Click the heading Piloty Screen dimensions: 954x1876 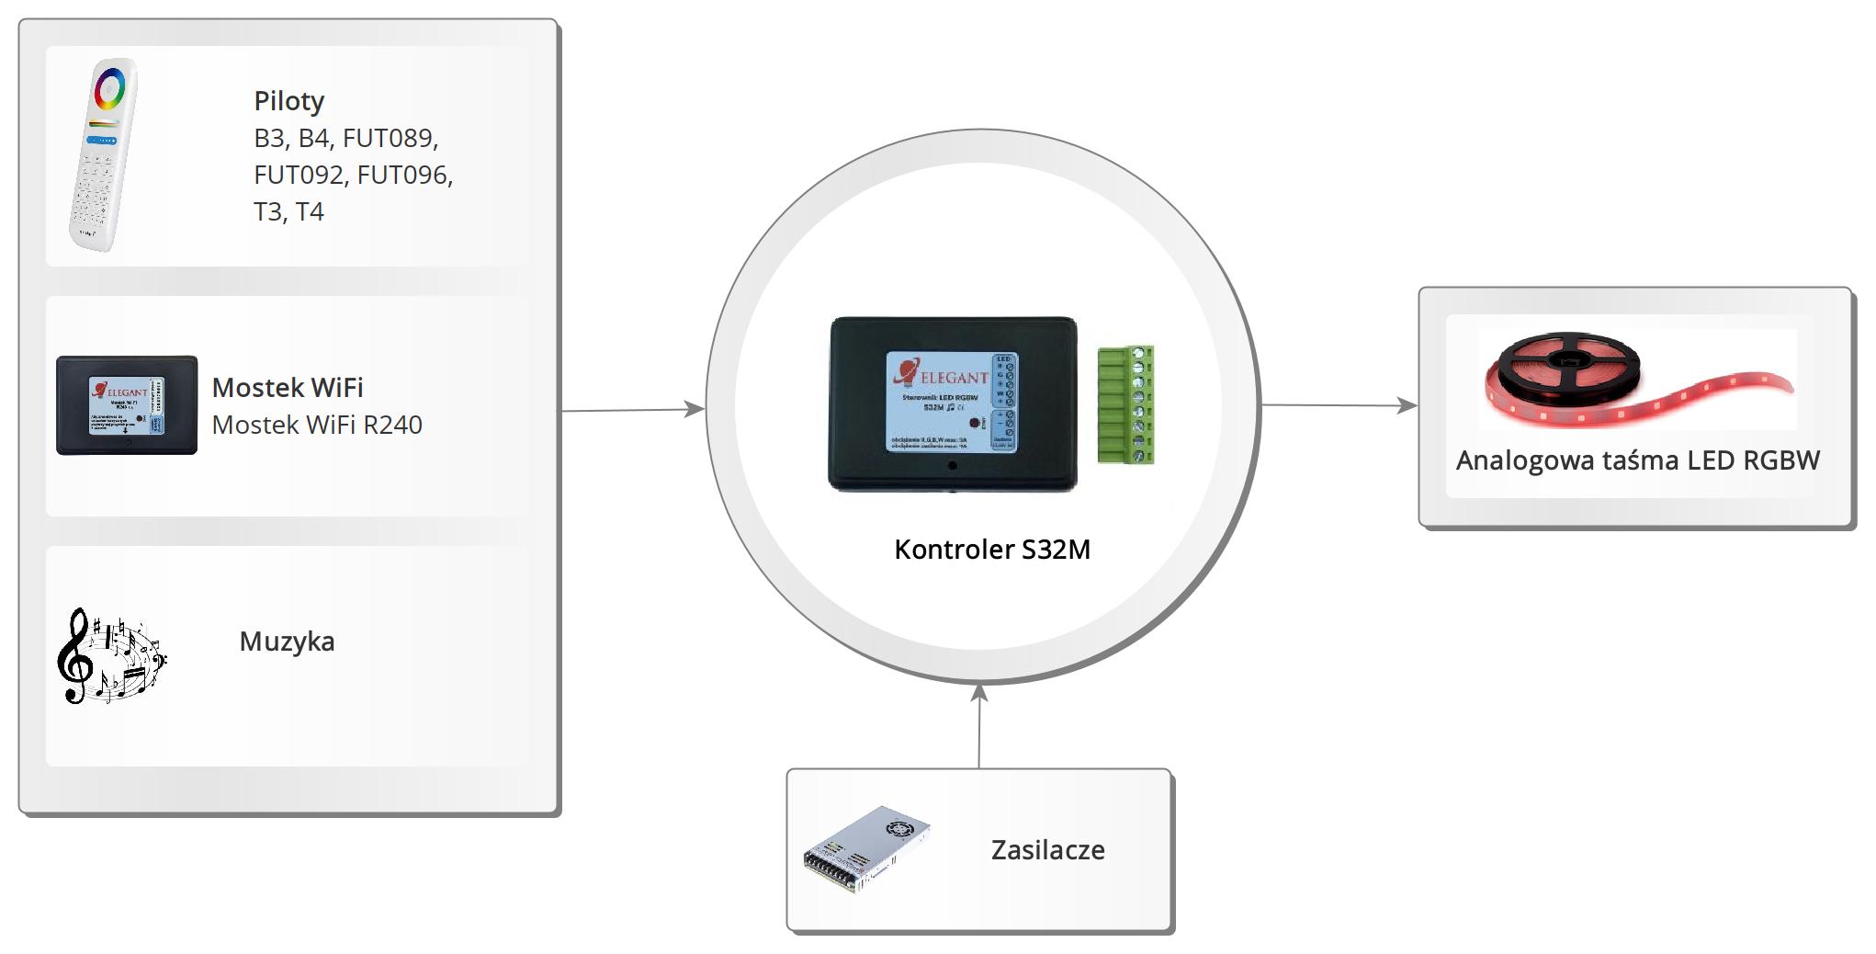click(x=288, y=101)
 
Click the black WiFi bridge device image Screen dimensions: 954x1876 click(x=127, y=405)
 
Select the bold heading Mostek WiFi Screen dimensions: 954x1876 click(x=288, y=388)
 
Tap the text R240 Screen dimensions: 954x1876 click(x=392, y=425)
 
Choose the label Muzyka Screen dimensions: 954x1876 click(x=287, y=642)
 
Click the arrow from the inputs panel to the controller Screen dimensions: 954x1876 click(x=633, y=410)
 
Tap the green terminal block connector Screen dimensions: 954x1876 click(x=1125, y=404)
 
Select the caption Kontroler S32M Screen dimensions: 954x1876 click(x=992, y=550)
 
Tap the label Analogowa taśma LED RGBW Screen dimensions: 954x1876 click(x=1637, y=460)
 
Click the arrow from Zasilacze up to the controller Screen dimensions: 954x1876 click(x=979, y=726)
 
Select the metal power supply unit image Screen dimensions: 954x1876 click(x=866, y=849)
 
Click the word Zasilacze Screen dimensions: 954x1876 click(x=1047, y=850)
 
